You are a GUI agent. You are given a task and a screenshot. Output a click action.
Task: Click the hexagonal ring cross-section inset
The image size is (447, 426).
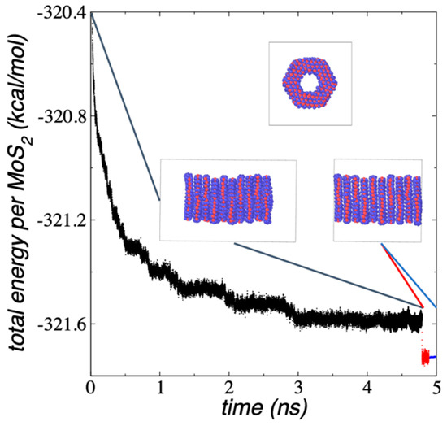coord(310,83)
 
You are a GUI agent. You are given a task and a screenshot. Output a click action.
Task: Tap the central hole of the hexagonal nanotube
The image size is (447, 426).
coord(310,83)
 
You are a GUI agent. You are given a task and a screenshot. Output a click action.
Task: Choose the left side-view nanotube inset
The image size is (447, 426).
coord(228,200)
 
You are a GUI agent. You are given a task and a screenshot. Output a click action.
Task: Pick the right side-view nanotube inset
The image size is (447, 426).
coord(378,200)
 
